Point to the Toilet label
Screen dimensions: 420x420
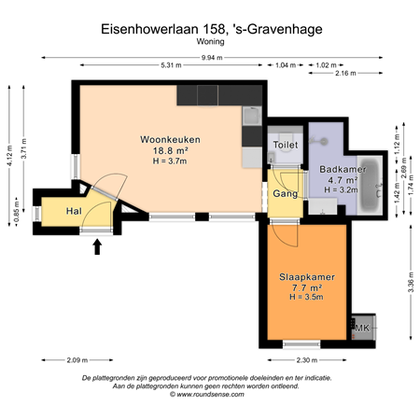285,146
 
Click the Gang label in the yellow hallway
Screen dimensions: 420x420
285,193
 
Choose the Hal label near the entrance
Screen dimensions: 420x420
72,212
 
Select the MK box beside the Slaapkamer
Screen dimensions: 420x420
362,329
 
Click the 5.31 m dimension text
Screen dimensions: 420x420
171,64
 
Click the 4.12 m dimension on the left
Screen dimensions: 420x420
8,149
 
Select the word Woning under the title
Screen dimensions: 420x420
210,42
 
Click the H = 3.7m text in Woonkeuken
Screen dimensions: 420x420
171,160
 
